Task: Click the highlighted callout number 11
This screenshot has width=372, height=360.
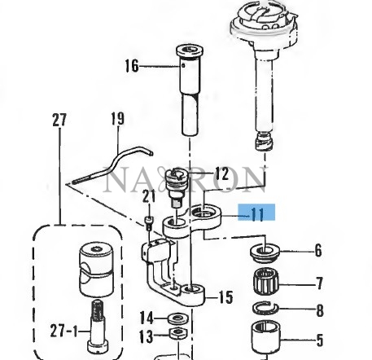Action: (257, 214)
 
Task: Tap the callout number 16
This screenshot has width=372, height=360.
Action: (132, 66)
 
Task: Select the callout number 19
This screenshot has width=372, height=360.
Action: (118, 119)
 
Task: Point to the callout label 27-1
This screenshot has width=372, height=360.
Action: (63, 331)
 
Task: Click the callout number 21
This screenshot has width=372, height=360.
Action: (149, 196)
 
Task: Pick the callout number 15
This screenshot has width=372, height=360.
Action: (225, 297)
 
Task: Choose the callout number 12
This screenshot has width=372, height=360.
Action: (221, 174)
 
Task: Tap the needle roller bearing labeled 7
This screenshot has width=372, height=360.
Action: (266, 283)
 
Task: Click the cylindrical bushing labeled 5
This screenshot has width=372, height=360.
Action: (266, 336)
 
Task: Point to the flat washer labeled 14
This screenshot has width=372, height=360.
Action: (177, 318)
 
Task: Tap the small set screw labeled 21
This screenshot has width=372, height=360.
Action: (149, 223)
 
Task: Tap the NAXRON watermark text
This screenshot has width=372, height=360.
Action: (186, 179)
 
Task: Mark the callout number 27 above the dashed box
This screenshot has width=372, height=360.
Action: (59, 120)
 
